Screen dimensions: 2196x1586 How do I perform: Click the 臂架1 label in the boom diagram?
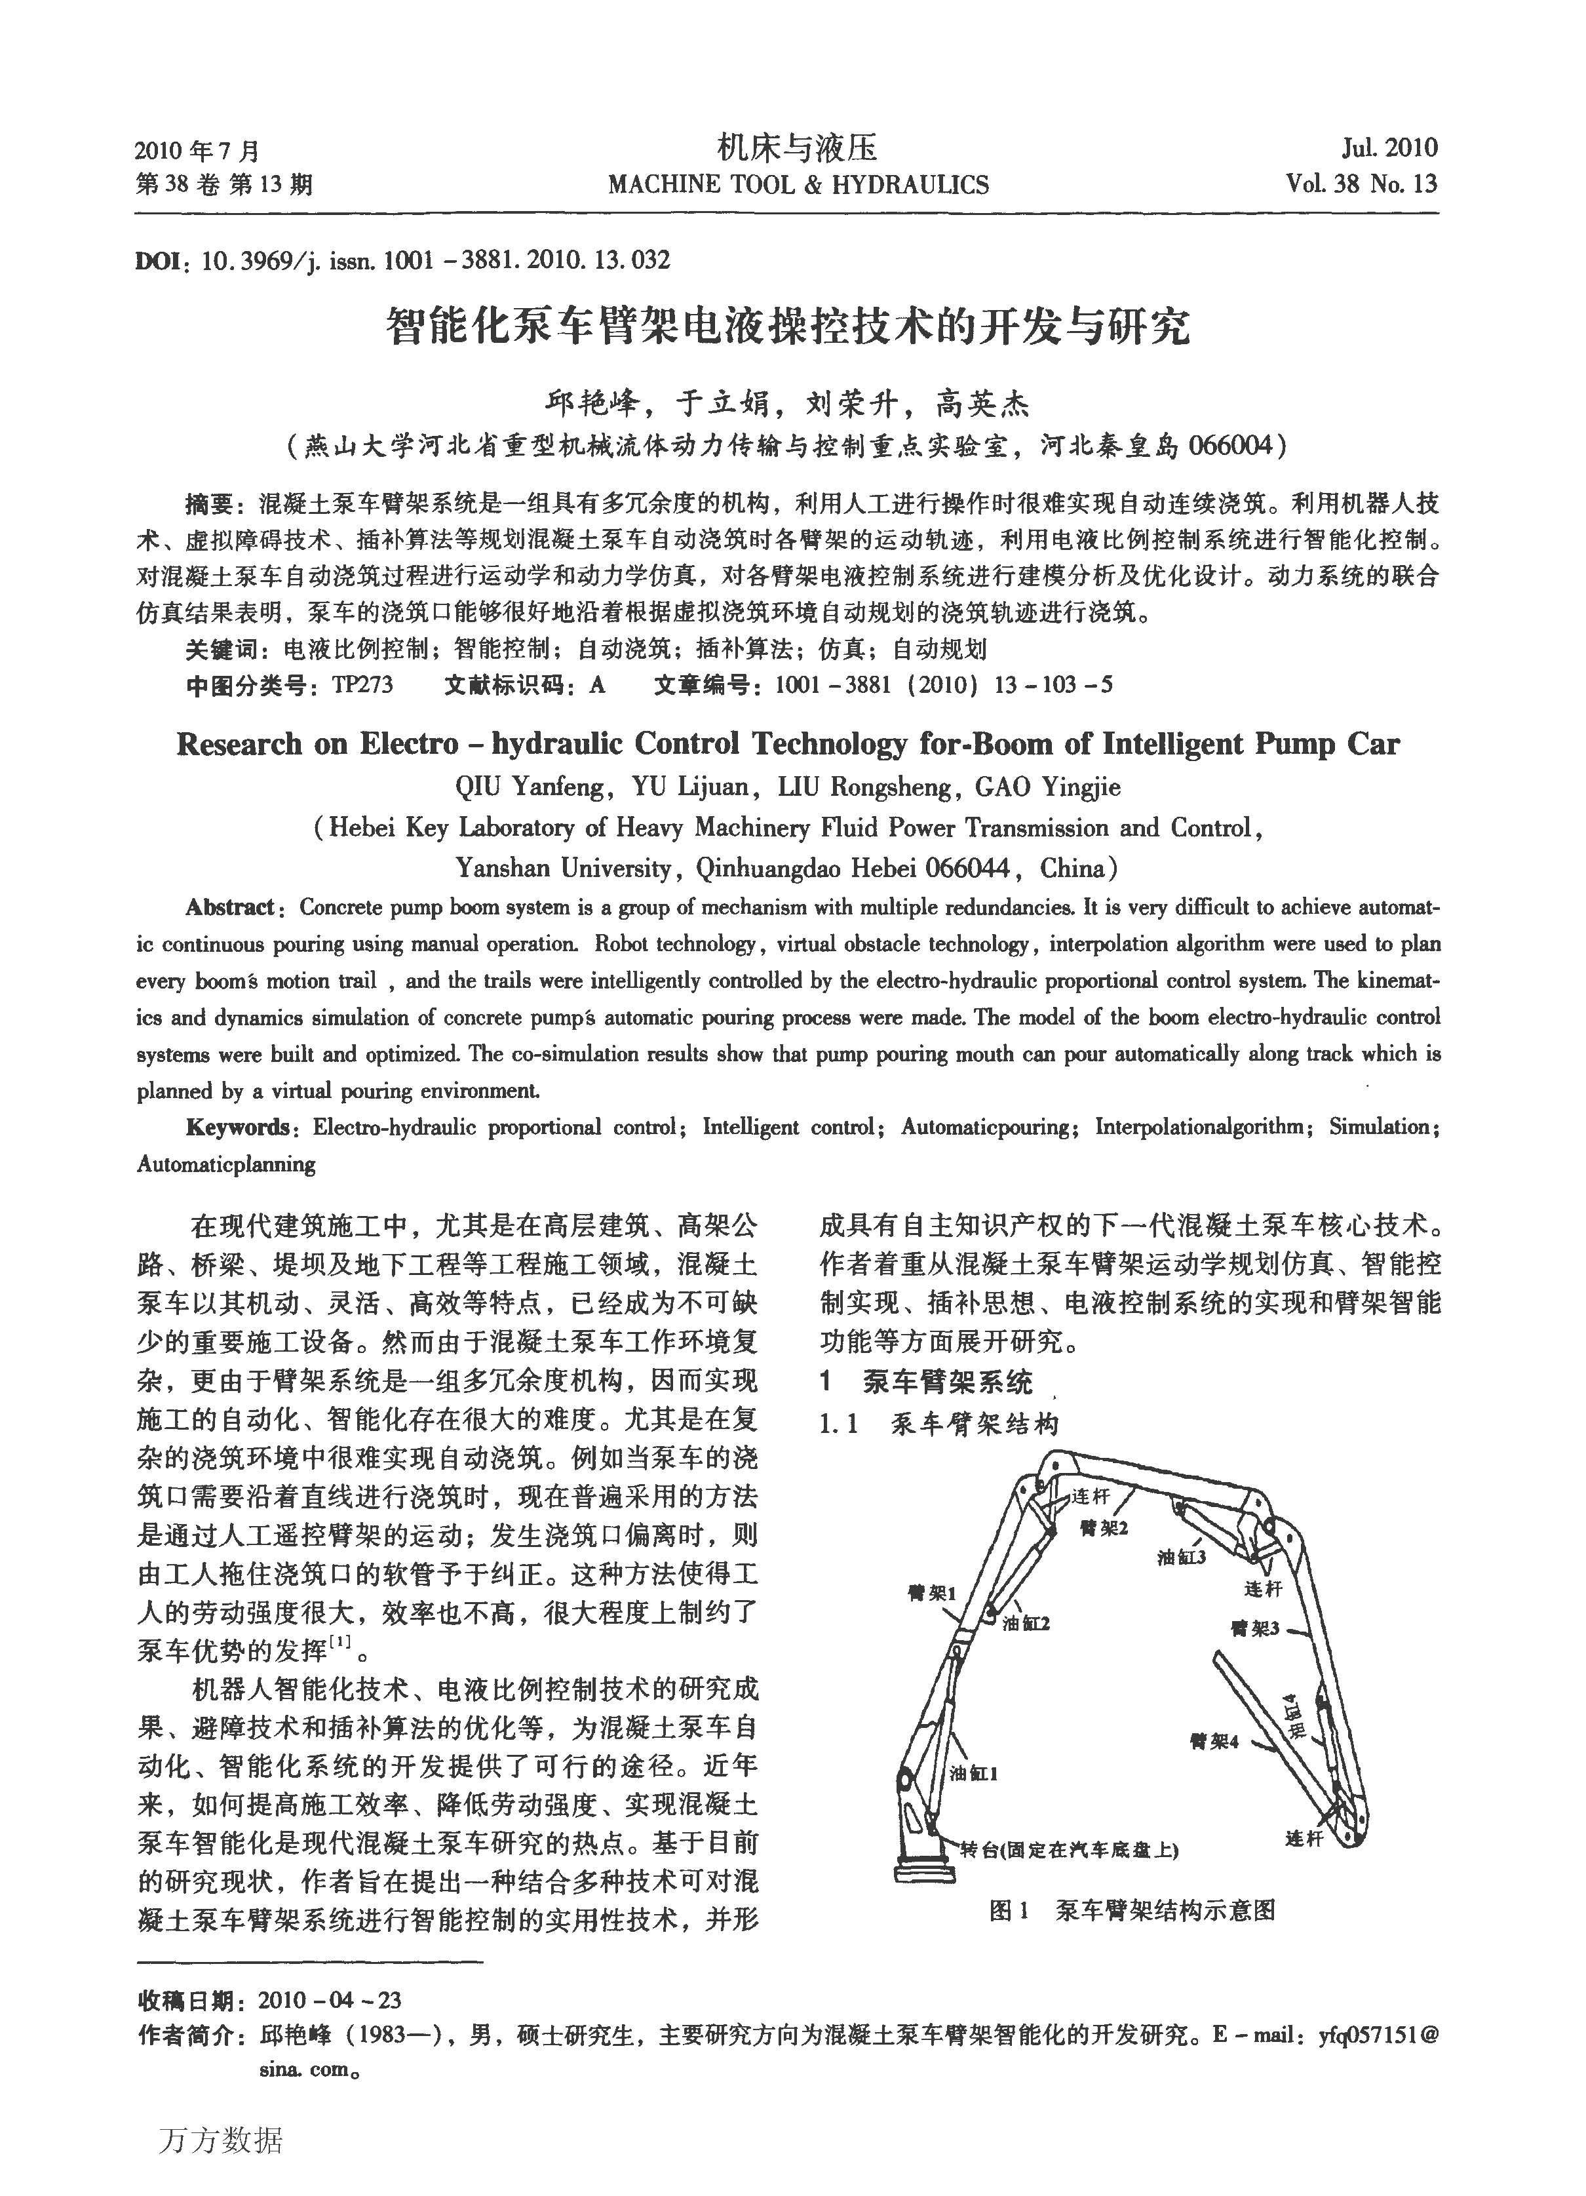point(931,1593)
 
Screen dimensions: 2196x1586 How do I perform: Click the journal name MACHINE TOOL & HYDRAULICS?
point(798,184)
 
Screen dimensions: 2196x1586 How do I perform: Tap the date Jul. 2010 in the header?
point(1389,148)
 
